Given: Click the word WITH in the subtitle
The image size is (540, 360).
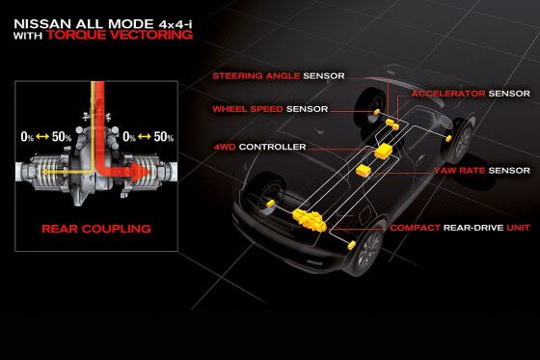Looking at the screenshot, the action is point(29,35).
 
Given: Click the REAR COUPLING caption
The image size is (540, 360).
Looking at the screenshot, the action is point(95,230).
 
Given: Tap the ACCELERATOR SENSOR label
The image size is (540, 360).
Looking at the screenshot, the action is point(471,95).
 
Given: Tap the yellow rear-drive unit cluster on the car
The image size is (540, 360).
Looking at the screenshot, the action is point(310,220).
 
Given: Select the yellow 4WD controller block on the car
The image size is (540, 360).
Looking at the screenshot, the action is point(385,152).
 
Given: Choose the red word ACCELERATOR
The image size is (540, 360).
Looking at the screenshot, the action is point(447,95).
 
